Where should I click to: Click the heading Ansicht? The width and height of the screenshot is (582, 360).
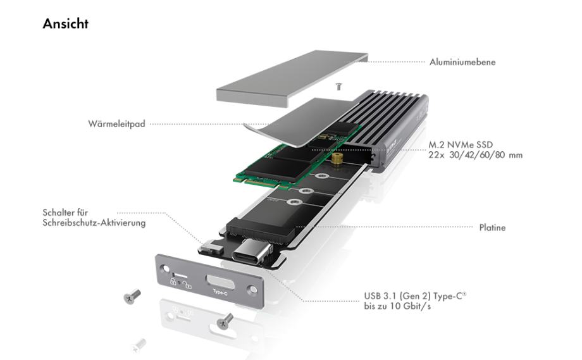tap(65, 23)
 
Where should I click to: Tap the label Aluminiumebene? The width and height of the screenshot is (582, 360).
tap(462, 62)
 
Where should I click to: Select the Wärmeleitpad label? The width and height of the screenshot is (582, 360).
tap(116, 123)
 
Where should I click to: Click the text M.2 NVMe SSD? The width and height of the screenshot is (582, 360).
tap(461, 145)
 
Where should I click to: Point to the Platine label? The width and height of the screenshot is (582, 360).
tap(492, 228)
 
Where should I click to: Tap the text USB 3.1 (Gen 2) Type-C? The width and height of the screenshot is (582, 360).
tap(415, 296)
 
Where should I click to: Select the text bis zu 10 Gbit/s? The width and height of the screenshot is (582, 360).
tap(397, 307)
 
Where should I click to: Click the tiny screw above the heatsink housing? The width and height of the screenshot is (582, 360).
tap(338, 86)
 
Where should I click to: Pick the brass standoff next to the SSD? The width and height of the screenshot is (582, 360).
tap(337, 158)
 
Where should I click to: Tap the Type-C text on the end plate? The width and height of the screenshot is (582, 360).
tap(220, 293)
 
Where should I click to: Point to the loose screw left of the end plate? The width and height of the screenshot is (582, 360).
tap(132, 296)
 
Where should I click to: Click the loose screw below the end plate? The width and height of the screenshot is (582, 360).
tap(225, 321)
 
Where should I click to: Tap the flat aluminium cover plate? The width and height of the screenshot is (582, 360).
tap(292, 78)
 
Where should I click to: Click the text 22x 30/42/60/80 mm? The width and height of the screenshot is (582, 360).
tap(476, 155)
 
